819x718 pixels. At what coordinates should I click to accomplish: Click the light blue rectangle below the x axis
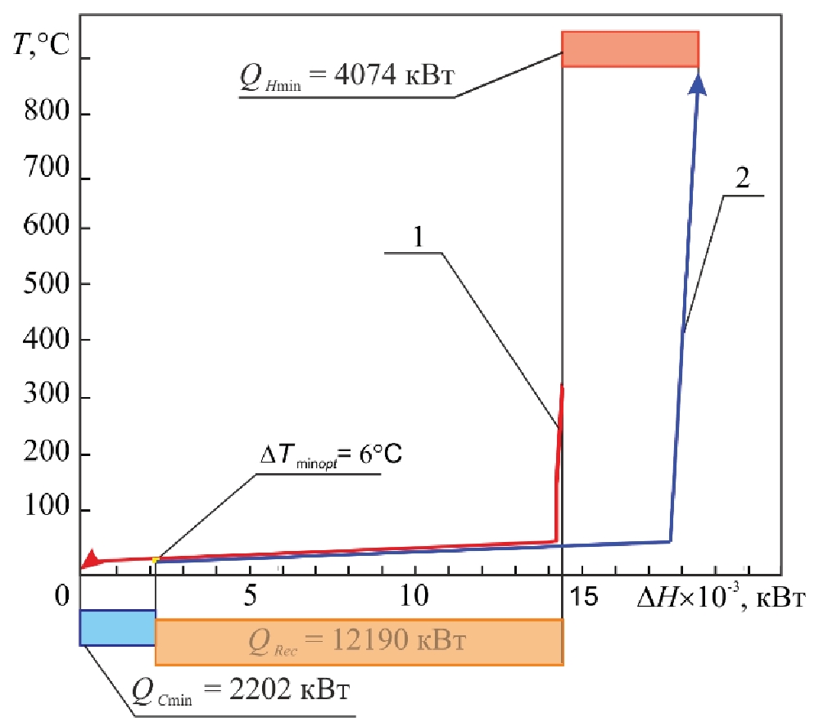(x=117, y=627)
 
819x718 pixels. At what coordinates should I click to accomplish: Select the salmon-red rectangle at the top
(x=630, y=49)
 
